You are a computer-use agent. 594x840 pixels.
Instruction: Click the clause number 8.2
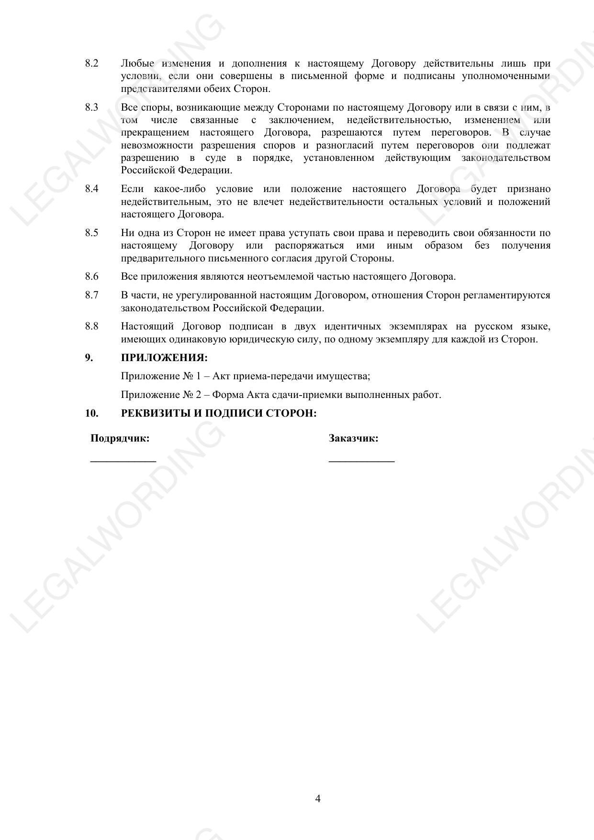[x=92, y=63]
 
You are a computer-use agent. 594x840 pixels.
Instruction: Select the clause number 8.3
[x=92, y=107]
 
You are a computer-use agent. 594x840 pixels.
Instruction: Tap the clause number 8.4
[x=92, y=189]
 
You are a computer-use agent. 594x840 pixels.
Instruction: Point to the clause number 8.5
[x=92, y=233]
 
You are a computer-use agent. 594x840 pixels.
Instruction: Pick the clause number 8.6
[x=92, y=276]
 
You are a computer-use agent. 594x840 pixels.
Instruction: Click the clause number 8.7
[x=92, y=295]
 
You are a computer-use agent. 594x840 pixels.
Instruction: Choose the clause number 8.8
[x=92, y=327]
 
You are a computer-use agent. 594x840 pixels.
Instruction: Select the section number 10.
[x=92, y=413]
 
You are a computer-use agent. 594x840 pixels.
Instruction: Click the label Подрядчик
[x=120, y=438]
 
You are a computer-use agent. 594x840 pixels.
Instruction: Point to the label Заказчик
[x=353, y=438]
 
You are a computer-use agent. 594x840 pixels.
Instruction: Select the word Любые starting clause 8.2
[x=137, y=63]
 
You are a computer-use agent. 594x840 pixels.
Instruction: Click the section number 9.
[x=89, y=358]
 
